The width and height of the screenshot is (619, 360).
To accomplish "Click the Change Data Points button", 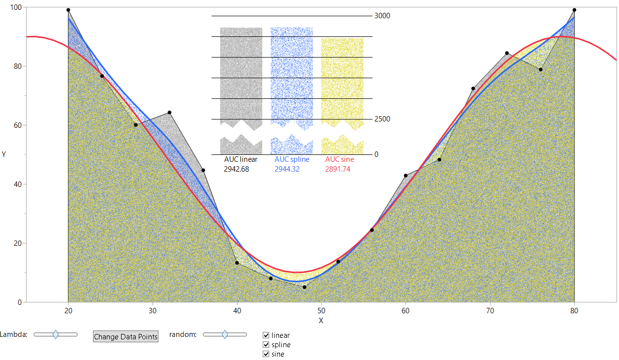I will point(125,337).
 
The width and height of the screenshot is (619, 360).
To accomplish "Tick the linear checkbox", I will point(266,335).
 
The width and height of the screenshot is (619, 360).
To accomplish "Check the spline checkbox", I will point(266,345).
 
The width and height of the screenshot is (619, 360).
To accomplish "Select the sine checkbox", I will point(266,354).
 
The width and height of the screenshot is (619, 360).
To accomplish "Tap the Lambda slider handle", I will point(56,334).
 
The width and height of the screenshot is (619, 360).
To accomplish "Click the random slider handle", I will point(225,334).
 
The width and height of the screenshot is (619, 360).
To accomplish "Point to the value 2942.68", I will point(237,169).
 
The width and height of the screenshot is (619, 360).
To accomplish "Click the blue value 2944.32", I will point(287,169).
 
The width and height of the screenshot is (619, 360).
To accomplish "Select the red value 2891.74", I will point(338,169).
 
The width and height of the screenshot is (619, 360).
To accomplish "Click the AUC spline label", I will point(292,159).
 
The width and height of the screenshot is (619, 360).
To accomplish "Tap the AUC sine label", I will point(340,159).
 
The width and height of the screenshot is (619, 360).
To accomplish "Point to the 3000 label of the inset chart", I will point(382,16).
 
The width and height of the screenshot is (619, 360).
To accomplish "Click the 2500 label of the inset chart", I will point(382,119).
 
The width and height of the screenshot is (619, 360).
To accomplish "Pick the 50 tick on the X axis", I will point(321,311).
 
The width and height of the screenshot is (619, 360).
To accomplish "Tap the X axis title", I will point(321,321).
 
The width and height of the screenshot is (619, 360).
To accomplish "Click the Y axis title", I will point(4,154).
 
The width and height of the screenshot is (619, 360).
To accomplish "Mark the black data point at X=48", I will point(305,287).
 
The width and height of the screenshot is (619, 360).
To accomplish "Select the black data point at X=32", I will point(169,113).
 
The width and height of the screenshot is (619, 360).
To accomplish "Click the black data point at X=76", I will point(541,69).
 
